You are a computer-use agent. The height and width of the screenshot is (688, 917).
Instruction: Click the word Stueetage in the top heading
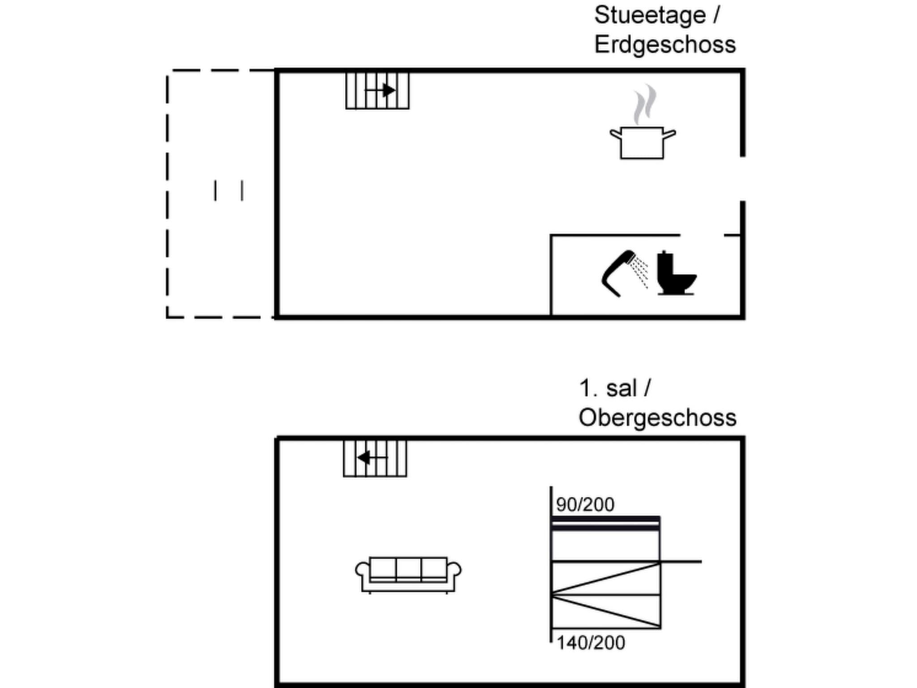(x=650, y=16)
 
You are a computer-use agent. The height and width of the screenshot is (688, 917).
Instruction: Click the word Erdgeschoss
(x=665, y=45)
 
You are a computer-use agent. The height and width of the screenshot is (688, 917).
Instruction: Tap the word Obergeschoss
(x=657, y=418)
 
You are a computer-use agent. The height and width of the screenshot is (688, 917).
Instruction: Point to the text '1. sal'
(x=608, y=388)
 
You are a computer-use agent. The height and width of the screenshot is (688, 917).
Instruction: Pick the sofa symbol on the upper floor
(x=408, y=575)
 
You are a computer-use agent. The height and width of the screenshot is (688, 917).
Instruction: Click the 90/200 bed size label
(x=585, y=505)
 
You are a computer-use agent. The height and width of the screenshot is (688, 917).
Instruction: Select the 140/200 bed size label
(x=591, y=643)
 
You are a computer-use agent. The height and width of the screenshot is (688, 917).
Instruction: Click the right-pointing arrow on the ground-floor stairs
(x=380, y=90)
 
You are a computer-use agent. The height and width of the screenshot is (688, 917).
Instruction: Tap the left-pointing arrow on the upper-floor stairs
(x=372, y=458)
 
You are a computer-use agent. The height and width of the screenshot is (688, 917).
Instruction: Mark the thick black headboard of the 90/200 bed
(x=606, y=523)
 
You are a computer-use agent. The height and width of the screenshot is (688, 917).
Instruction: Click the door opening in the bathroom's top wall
(x=702, y=235)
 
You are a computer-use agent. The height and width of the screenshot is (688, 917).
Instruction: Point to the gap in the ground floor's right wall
(x=742, y=179)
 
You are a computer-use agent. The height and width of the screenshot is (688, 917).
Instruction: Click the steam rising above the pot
(x=645, y=104)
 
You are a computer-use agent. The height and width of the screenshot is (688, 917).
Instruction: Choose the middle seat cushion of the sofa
(x=408, y=568)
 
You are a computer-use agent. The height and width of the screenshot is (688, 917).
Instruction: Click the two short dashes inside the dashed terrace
(x=229, y=190)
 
